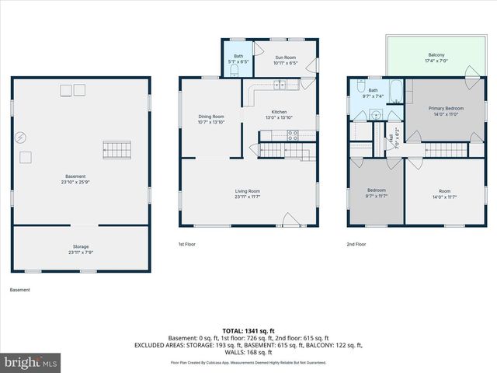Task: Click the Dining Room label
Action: (211, 120)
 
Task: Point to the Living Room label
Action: (248, 193)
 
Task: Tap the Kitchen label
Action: (279, 115)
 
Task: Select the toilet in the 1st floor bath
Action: (234, 71)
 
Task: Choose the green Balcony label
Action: (436, 58)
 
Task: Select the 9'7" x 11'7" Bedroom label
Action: (376, 193)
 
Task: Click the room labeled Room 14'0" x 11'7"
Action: (443, 193)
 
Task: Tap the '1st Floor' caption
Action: (186, 244)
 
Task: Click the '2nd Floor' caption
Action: (356, 244)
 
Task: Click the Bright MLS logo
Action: (31, 362)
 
